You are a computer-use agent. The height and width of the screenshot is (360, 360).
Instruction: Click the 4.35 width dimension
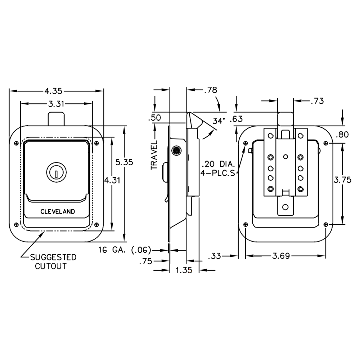tap(53, 91)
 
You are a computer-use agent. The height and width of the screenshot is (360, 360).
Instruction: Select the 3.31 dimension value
tap(56, 104)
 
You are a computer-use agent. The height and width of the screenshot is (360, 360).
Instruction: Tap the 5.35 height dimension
tap(124, 162)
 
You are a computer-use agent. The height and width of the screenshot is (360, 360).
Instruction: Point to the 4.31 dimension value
tap(112, 180)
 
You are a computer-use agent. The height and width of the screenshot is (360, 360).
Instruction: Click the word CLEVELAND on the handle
tap(58, 211)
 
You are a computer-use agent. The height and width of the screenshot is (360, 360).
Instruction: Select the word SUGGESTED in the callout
tap(53, 257)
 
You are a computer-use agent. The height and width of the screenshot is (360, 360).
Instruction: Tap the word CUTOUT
tap(51, 266)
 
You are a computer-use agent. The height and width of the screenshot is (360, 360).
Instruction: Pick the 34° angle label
tap(218, 121)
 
